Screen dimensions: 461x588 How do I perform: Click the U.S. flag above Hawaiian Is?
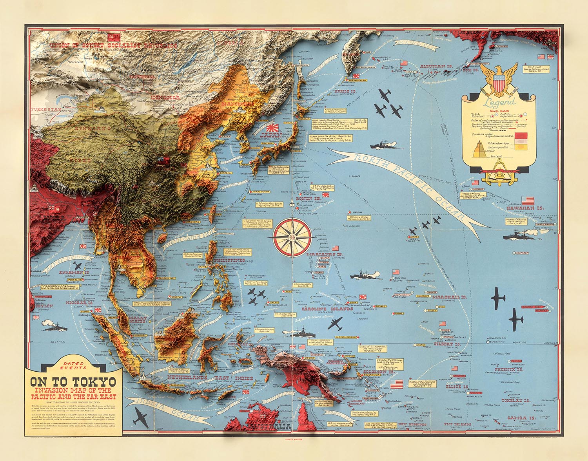pos(528,201)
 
